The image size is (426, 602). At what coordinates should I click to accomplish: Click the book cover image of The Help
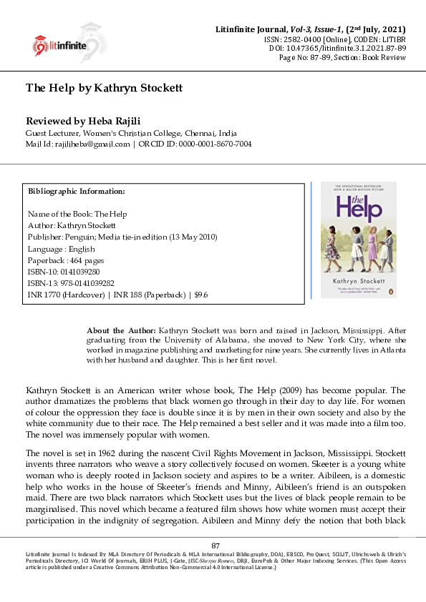click(348, 240)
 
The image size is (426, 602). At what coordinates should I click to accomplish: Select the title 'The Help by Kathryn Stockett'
click(105, 88)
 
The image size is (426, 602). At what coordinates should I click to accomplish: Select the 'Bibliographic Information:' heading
click(77, 192)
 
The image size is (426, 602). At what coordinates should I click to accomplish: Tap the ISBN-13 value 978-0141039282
click(84, 284)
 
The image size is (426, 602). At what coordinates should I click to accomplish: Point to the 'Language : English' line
click(62, 250)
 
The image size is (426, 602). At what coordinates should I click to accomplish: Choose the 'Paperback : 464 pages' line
click(67, 261)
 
